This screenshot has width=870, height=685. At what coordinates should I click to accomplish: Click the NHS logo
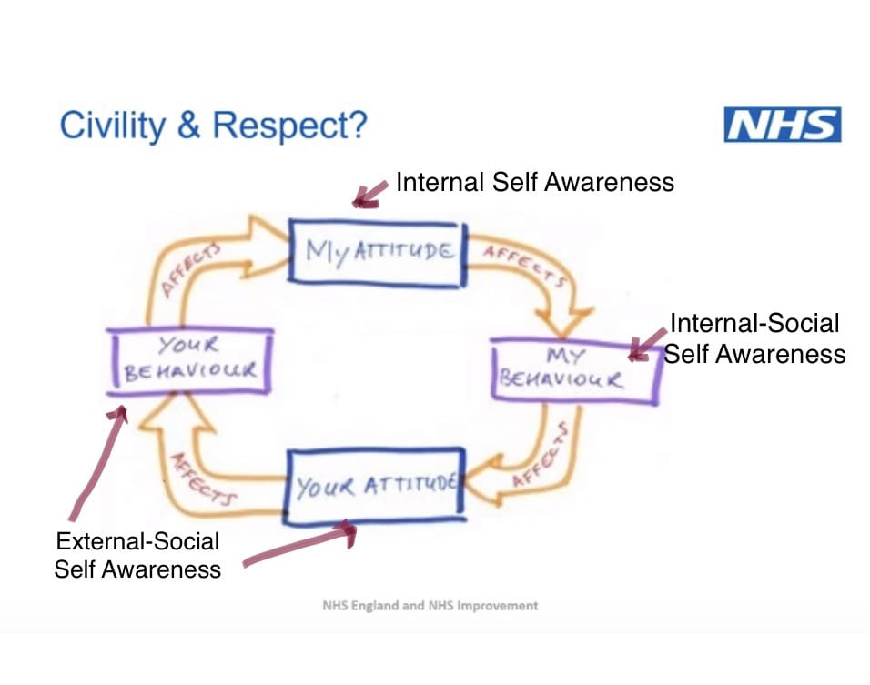782,125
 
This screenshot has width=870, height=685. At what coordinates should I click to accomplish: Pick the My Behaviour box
573,368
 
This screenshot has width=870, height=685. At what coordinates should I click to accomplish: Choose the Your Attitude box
374,487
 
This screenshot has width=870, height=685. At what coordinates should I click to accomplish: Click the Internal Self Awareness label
534,182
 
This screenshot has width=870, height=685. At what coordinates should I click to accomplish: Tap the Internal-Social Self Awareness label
754,337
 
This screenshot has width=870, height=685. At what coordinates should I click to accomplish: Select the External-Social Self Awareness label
137,555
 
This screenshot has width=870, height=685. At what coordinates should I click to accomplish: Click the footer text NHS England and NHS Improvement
430,605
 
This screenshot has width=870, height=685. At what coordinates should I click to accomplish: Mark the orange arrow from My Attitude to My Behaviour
528,273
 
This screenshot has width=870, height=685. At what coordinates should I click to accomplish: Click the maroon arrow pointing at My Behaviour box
647,345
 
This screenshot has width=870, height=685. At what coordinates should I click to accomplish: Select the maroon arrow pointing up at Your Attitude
300,546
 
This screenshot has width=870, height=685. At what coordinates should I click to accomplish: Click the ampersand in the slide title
189,126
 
